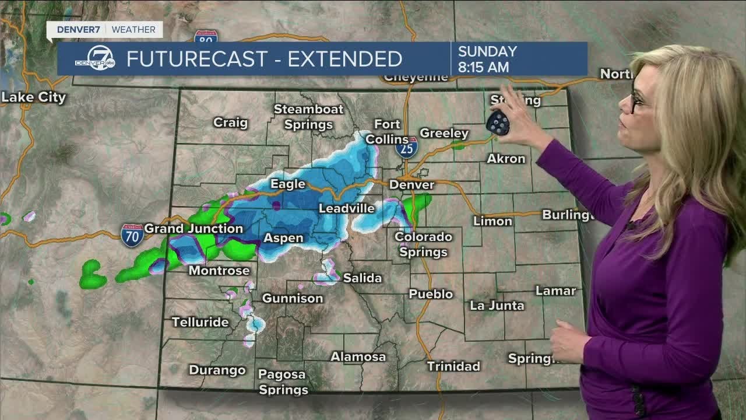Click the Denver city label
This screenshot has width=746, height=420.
pyautogui.click(x=412, y=185)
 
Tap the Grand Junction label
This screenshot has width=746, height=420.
pyautogui.click(x=193, y=229)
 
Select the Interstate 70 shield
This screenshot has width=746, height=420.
pyautogui.click(x=132, y=235)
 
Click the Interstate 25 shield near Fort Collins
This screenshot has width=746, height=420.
pyautogui.click(x=406, y=148)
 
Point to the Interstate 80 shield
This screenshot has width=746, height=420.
pyautogui.click(x=206, y=36)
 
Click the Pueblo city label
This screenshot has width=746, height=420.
pyautogui.click(x=431, y=294)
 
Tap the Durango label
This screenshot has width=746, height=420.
pyautogui.click(x=217, y=370)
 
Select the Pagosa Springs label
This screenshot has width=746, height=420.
pyautogui.click(x=283, y=381)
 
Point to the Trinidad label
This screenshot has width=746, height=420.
pyautogui.click(x=453, y=366)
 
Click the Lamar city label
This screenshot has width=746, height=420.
pyautogui.click(x=555, y=290)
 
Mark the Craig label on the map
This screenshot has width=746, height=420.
pyautogui.click(x=230, y=123)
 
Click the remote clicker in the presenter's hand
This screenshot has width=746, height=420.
pyautogui.click(x=498, y=122)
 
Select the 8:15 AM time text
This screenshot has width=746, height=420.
pyautogui.click(x=483, y=67)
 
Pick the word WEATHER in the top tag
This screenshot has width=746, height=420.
pyautogui.click(x=133, y=29)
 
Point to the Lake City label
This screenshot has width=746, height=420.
pyautogui.click(x=33, y=97)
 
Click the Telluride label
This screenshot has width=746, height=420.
pyautogui.click(x=200, y=322)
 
